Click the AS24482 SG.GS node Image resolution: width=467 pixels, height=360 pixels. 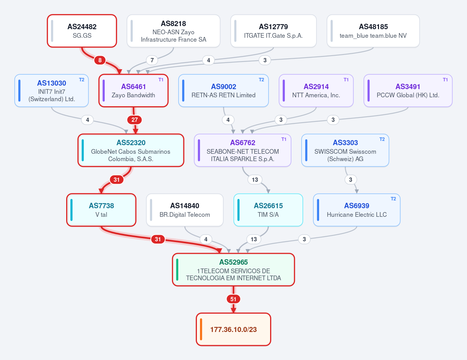point(82,31)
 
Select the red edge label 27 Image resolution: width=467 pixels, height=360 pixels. point(135,120)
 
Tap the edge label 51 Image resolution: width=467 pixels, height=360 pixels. point(233,299)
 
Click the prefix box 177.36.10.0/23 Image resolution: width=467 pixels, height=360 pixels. point(233,329)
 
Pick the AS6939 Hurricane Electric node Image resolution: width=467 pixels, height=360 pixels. point(356,210)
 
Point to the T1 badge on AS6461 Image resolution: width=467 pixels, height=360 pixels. point(161,80)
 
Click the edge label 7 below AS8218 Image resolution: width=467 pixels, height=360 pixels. point(152,60)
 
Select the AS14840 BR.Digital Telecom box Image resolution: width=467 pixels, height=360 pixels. point(184,210)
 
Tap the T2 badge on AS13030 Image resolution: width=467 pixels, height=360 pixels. point(82,80)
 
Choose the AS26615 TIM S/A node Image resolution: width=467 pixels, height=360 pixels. point(268,210)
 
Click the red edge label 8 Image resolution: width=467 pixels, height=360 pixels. point(100,60)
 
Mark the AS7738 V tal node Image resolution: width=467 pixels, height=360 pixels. point(101,210)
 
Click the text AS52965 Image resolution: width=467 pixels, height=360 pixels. point(233,262)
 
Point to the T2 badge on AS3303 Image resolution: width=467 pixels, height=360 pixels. point(382,139)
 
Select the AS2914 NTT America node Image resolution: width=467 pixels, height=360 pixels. point(316,90)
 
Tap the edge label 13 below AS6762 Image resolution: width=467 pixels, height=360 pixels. point(255,179)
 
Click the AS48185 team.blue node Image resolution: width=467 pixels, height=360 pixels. point(373,31)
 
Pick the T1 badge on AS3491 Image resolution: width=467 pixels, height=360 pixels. point(445,80)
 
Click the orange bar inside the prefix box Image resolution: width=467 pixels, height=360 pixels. point(201,329)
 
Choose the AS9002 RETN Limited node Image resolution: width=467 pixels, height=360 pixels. point(223,90)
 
